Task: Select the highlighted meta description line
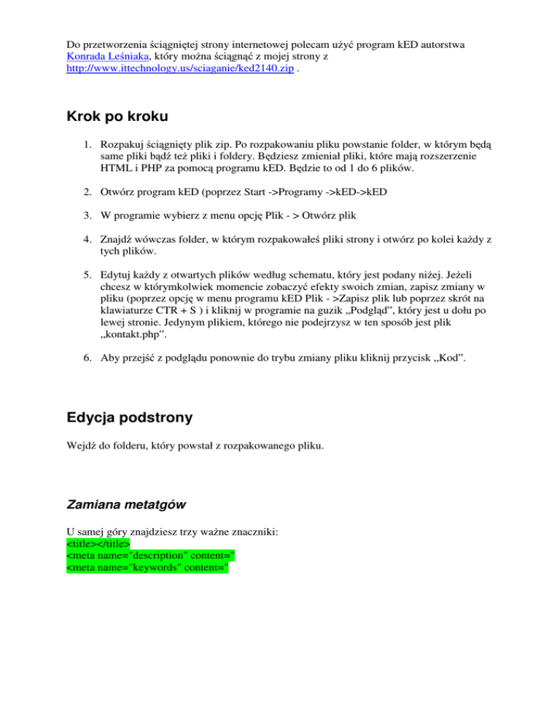point(150,556)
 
